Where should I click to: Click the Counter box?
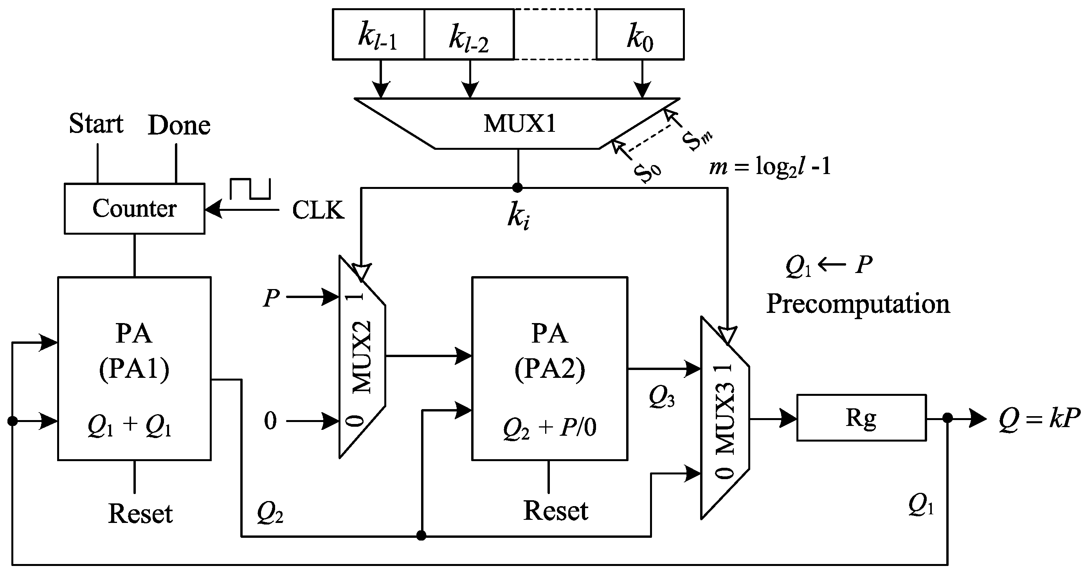[134, 208]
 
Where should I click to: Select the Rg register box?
[861, 418]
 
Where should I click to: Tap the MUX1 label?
[519, 124]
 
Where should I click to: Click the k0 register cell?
[639, 35]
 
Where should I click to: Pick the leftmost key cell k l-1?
[378, 35]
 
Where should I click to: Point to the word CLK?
[318, 210]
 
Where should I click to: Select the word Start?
[96, 124]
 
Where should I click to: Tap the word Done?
[179, 126]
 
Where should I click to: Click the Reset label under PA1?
[140, 514]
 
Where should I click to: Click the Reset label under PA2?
[555, 511]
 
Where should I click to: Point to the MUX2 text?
[362, 357]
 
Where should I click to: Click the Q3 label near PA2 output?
[661, 397]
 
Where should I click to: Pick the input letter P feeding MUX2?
[271, 298]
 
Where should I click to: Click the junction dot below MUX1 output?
[517, 187]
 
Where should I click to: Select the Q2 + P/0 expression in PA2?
[549, 429]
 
